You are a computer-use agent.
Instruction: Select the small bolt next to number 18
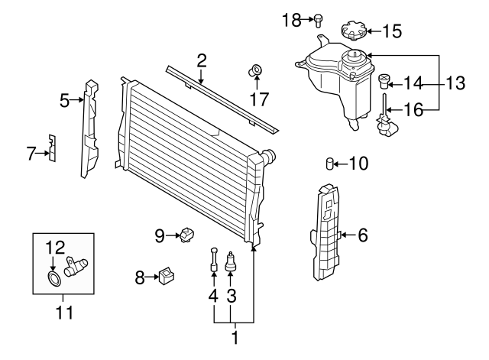click(x=319, y=19)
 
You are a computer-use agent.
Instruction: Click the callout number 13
click(x=455, y=83)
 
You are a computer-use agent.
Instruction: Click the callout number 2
click(x=202, y=60)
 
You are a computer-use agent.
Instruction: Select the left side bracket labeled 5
click(x=91, y=128)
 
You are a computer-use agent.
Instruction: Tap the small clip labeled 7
click(x=52, y=147)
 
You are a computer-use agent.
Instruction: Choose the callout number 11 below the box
click(x=63, y=312)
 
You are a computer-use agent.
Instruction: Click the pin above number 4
click(x=213, y=260)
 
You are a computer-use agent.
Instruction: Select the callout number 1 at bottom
click(x=234, y=335)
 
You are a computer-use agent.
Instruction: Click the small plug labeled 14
click(x=385, y=80)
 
